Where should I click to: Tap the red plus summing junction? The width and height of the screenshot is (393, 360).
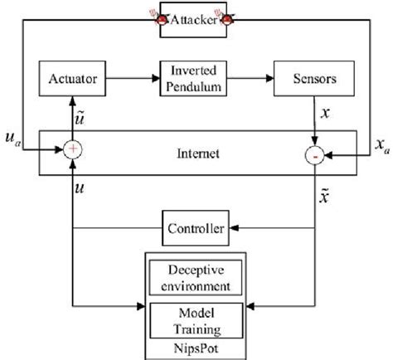[x=74, y=149]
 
